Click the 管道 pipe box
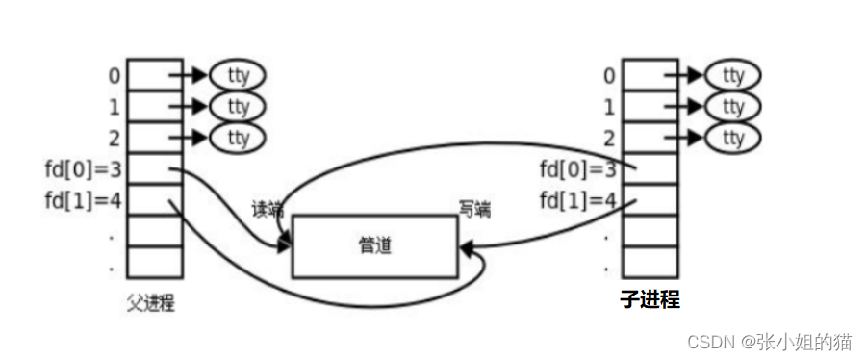pyautogui.click(x=374, y=247)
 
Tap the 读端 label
pyautogui.click(x=268, y=209)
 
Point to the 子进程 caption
pyautogui.click(x=650, y=300)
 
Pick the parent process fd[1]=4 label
pyautogui.click(x=81, y=200)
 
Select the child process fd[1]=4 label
pyautogui.click(x=576, y=200)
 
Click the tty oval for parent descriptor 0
pyautogui.click(x=238, y=74)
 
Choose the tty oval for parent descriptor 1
pyautogui.click(x=238, y=105)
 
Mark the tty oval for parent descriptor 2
pyautogui.click(x=238, y=137)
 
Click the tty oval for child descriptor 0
pyautogui.click(x=732, y=74)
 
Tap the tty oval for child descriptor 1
pyautogui.click(x=732, y=105)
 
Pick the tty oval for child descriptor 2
pyautogui.click(x=732, y=137)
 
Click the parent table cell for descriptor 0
pyautogui.click(x=154, y=74)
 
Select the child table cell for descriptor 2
pyautogui.click(x=650, y=137)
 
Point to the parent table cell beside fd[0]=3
pyautogui.click(x=154, y=168)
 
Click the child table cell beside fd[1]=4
pyautogui.click(x=650, y=200)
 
